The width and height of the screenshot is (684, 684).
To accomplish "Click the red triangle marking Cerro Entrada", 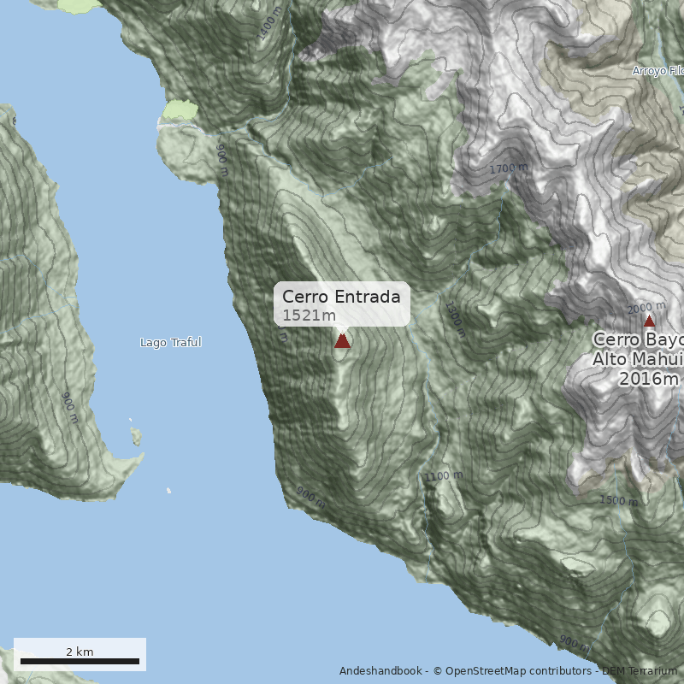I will tap(342, 340).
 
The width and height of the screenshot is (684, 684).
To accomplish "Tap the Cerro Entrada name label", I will tap(341, 297).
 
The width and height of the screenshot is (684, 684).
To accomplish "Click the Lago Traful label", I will tap(170, 343).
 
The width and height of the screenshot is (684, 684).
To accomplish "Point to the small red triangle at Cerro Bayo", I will tap(649, 321).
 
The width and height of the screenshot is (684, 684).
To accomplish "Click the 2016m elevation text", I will tap(649, 378).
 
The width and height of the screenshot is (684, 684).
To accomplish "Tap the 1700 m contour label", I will tap(508, 168).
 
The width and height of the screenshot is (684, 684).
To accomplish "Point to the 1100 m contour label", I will tap(443, 476).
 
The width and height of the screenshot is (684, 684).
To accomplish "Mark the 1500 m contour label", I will tap(618, 500).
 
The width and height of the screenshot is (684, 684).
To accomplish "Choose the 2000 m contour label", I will tap(646, 308).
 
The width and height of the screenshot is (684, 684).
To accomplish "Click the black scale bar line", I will tap(80, 661).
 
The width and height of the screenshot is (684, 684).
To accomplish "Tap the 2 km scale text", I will tap(80, 652).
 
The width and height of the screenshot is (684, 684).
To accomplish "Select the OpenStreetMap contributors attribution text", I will tap(504, 671).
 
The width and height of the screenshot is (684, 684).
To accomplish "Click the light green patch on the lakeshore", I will tap(180, 109).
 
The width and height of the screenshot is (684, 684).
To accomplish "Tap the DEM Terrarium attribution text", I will tap(640, 671).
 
